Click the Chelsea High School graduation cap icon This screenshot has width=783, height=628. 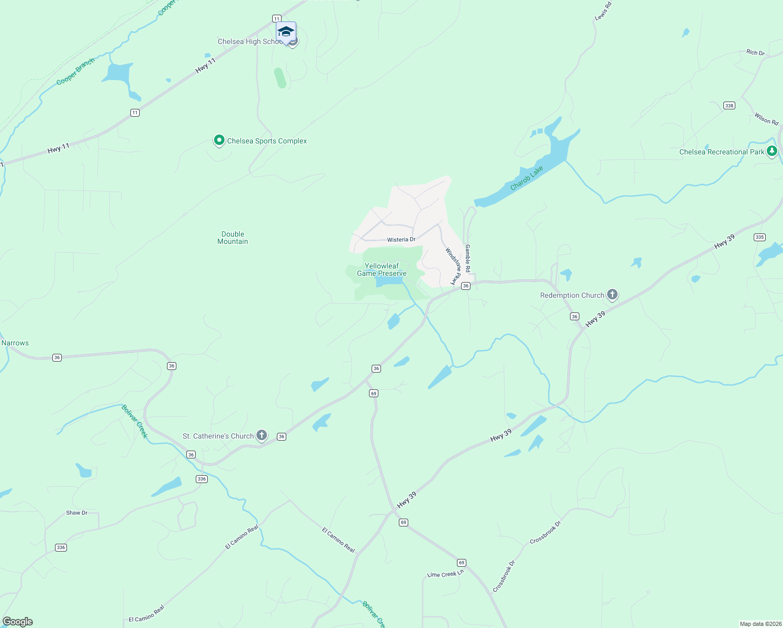click(x=286, y=31)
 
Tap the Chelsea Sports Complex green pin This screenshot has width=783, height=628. click(x=219, y=140)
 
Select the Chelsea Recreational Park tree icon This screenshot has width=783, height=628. click(x=771, y=151)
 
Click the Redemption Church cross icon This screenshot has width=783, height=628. click(x=612, y=295)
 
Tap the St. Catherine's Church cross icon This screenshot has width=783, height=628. click(x=262, y=435)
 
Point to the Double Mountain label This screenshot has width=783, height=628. click(x=233, y=238)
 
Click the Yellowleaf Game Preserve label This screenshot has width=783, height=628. click(x=382, y=270)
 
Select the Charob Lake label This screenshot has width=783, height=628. click(x=527, y=178)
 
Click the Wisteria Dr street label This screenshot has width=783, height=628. click(x=401, y=240)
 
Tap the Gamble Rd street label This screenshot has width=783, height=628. click(x=468, y=258)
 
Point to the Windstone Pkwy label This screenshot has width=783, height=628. click(x=453, y=266)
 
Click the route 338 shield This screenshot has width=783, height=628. click(x=729, y=106)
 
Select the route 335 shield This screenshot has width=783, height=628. click(x=759, y=237)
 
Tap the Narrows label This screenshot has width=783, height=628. click(x=15, y=343)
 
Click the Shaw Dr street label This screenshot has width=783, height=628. click(x=77, y=513)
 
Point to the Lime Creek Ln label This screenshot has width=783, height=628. click(x=445, y=574)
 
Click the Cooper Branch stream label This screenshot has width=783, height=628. click(x=76, y=72)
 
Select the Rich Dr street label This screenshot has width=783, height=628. click(x=755, y=52)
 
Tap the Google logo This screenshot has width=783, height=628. click(x=18, y=621)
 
